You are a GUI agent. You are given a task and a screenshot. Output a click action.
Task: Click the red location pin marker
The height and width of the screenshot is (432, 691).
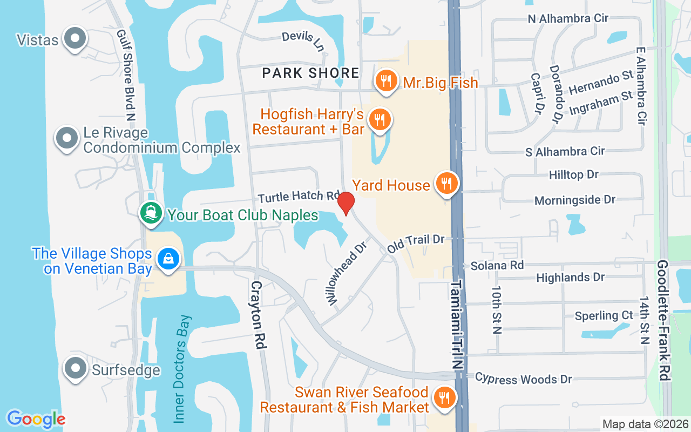[345, 203]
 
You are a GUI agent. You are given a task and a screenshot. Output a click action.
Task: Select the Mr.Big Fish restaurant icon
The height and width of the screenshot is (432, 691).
[385, 81]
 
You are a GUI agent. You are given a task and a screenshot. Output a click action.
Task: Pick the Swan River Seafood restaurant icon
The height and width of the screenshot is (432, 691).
[445, 399]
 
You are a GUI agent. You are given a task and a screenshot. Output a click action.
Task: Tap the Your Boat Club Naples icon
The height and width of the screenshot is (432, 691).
[151, 213]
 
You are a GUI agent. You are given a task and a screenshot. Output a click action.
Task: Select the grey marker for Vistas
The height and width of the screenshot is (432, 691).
[76, 38]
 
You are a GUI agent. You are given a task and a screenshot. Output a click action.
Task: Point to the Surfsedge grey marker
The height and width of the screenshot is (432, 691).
[76, 368]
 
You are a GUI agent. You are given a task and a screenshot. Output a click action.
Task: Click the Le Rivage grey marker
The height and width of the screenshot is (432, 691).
[67, 138]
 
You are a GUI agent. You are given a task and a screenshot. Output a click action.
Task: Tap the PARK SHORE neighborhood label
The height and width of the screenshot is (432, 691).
[310, 73]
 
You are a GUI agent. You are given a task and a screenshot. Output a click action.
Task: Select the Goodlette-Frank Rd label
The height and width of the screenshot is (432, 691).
[663, 320]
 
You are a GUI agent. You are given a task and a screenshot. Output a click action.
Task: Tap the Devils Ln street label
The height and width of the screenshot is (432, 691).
[303, 41]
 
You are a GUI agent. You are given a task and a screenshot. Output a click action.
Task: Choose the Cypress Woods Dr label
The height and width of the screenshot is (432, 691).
[523, 379]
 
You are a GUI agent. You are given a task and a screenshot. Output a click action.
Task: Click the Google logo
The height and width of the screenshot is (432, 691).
[36, 418]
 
